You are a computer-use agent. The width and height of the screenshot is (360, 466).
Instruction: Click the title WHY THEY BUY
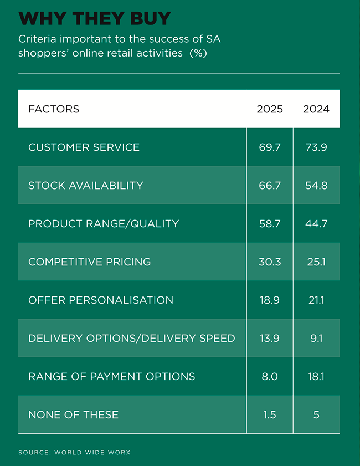pyautogui.click(x=94, y=18)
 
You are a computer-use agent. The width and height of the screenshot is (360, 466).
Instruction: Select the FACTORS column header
pyautogui.click(x=54, y=109)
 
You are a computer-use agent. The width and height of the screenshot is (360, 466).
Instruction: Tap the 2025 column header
pyautogui.click(x=270, y=109)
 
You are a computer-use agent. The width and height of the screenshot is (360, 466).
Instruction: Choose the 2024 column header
pyautogui.click(x=316, y=109)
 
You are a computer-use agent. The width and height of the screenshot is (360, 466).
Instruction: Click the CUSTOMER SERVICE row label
pyautogui.click(x=84, y=147)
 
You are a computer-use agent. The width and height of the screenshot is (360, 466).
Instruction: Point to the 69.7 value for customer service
pyautogui.click(x=270, y=147)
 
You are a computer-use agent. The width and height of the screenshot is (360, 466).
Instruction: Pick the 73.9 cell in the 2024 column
pyautogui.click(x=316, y=147)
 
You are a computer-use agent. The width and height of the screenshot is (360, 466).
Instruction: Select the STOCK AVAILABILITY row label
pyautogui.click(x=86, y=186)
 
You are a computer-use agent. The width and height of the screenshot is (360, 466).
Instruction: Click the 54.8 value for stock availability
pyautogui.click(x=316, y=186)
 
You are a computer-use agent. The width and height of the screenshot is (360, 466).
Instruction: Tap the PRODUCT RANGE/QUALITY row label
pyautogui.click(x=104, y=224)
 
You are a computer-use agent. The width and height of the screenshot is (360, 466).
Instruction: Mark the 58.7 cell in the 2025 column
pyautogui.click(x=270, y=224)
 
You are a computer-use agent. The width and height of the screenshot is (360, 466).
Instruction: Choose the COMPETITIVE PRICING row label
pyautogui.click(x=89, y=262)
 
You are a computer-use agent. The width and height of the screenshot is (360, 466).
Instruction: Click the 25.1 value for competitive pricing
pyautogui.click(x=316, y=262)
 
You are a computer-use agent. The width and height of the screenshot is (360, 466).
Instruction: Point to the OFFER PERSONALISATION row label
pyautogui.click(x=101, y=300)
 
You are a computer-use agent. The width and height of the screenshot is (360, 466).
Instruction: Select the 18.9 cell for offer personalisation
pyautogui.click(x=270, y=300)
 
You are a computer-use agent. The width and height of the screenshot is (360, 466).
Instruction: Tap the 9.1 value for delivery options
pyautogui.click(x=316, y=339)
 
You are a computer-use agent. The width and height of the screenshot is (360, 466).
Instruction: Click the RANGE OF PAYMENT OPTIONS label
pyautogui.click(x=112, y=377)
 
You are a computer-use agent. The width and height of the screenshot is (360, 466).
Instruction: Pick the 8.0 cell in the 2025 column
pyautogui.click(x=270, y=377)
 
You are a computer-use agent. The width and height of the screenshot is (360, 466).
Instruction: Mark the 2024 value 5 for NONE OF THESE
pyautogui.click(x=316, y=415)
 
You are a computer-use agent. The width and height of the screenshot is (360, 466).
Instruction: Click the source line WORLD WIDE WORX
pyautogui.click(x=74, y=453)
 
